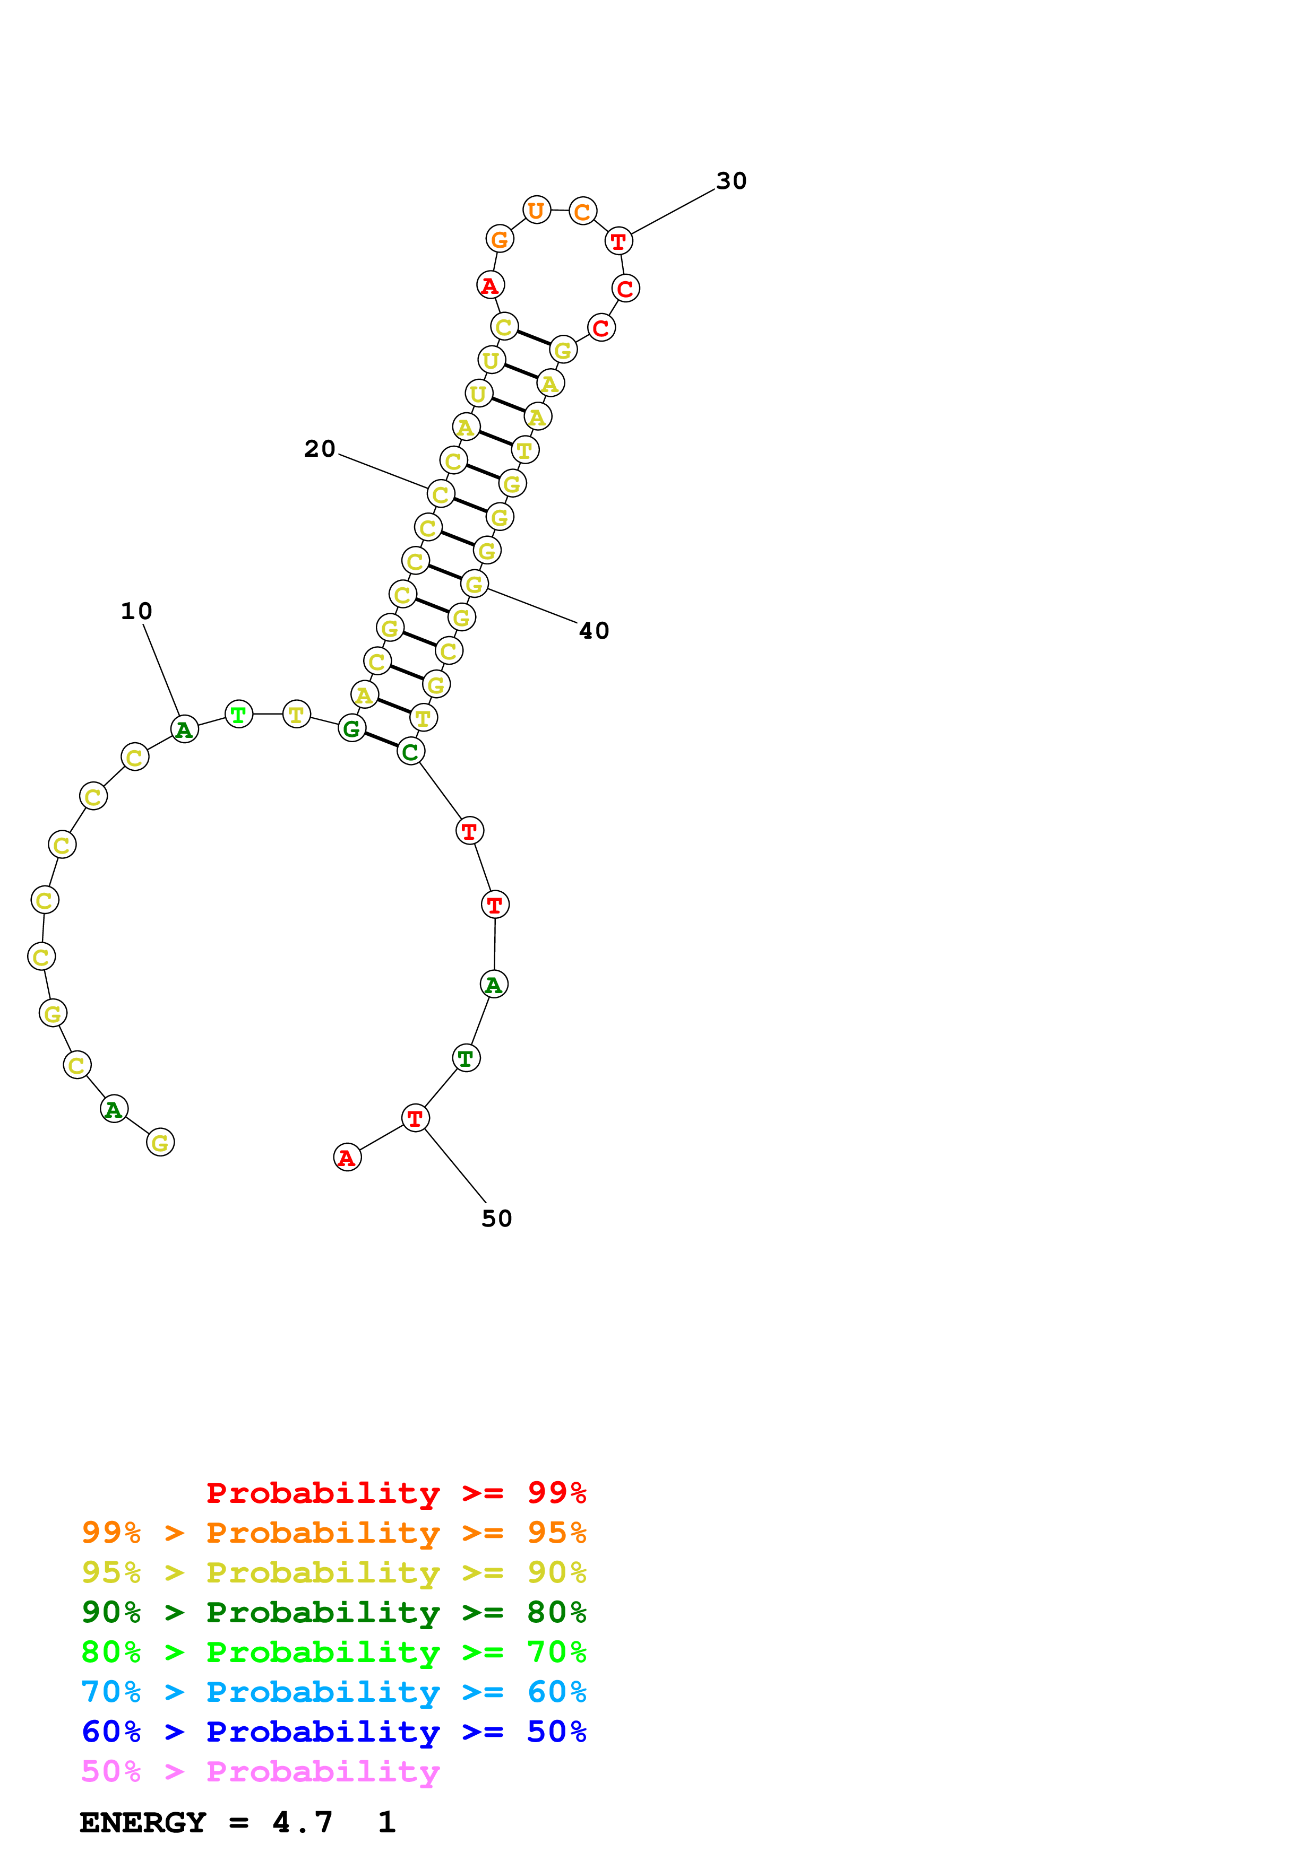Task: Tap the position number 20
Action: click(x=320, y=448)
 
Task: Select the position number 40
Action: click(x=594, y=631)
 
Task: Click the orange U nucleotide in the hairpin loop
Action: click(x=536, y=210)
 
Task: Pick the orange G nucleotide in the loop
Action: click(x=500, y=239)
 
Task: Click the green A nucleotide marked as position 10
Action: click(x=184, y=729)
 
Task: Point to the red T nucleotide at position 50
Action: click(x=415, y=1118)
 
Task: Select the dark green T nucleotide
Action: click(x=466, y=1058)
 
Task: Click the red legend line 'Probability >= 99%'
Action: click(x=395, y=1493)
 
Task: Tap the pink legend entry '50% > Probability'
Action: click(x=260, y=1772)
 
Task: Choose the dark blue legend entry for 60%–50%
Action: click(x=333, y=1732)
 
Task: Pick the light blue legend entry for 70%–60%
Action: click(x=333, y=1692)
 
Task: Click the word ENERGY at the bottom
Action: click(x=143, y=1823)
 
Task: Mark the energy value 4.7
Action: click(x=303, y=1823)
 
